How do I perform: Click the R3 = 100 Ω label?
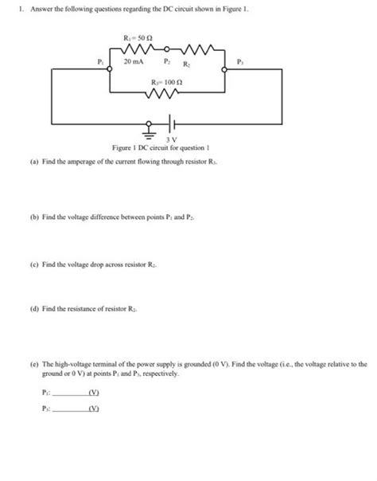tap(166, 83)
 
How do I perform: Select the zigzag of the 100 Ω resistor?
tap(165, 95)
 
